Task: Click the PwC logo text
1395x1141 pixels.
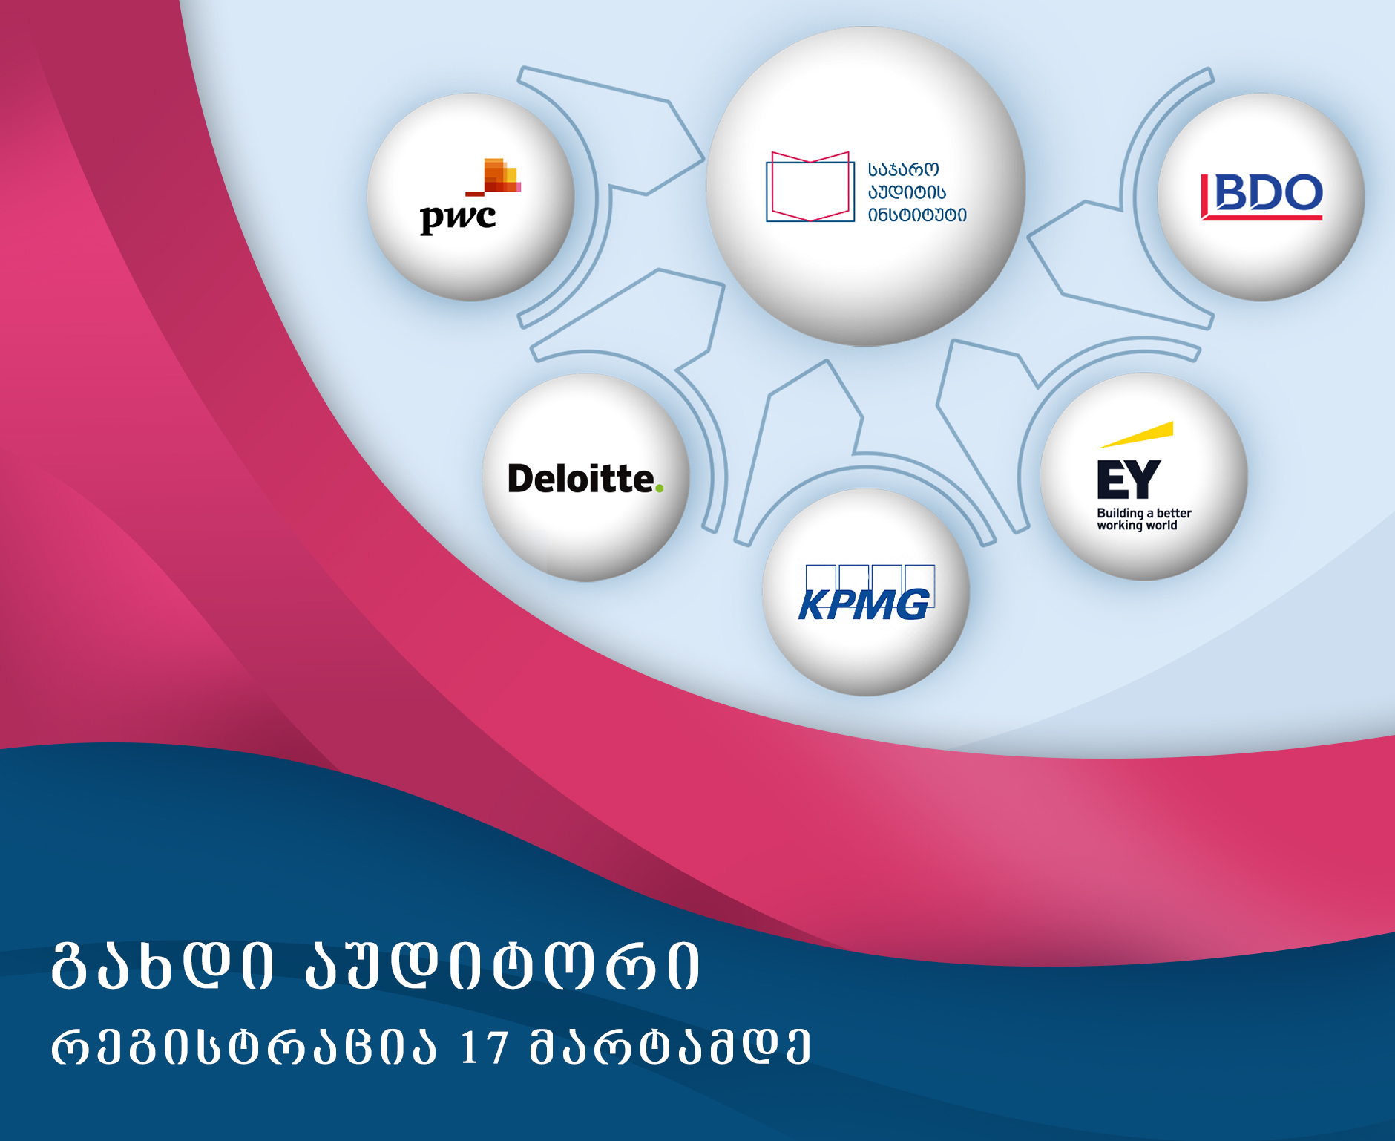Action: pyautogui.click(x=458, y=218)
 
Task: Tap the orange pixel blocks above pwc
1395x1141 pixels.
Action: pyautogui.click(x=498, y=176)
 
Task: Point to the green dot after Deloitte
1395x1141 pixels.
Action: pyautogui.click(x=659, y=488)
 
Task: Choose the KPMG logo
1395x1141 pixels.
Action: pyautogui.click(x=866, y=593)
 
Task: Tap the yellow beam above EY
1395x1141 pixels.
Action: pyautogui.click(x=1136, y=434)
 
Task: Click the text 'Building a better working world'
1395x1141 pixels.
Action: pyautogui.click(x=1144, y=519)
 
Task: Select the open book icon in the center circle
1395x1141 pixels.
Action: pyautogui.click(x=810, y=186)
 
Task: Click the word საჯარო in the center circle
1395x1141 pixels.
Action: pyautogui.click(x=904, y=170)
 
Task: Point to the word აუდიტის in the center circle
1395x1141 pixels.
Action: pyautogui.click(x=907, y=192)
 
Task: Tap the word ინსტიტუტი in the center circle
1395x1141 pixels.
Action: pyautogui.click(x=918, y=215)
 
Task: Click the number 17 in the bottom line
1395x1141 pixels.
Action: pyautogui.click(x=484, y=1047)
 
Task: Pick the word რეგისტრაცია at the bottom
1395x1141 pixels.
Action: pyautogui.click(x=244, y=1047)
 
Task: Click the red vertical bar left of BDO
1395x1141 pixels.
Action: pyautogui.click(x=1205, y=196)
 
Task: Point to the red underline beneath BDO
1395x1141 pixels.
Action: pyautogui.click(x=1262, y=217)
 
